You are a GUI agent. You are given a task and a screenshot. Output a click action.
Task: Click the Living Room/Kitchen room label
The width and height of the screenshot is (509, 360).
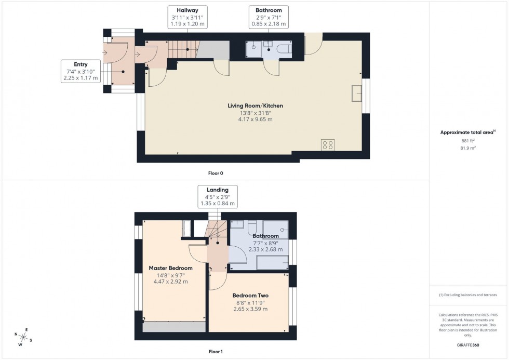click(255, 106)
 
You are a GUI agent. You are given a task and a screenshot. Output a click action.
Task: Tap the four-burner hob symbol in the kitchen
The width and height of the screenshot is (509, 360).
click(328, 144)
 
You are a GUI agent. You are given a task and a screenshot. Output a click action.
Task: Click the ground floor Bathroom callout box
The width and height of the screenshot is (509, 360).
click(269, 17)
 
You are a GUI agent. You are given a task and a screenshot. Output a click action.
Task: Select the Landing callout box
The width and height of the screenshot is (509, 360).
click(218, 197)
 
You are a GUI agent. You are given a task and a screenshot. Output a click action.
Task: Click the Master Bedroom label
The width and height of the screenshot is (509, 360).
click(170, 268)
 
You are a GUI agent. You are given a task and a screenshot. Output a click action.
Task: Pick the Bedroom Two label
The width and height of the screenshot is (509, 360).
click(250, 296)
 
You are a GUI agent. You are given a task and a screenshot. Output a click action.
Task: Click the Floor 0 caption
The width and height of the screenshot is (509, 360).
click(215, 173)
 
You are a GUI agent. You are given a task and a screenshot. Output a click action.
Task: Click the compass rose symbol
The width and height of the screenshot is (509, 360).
click(23, 335)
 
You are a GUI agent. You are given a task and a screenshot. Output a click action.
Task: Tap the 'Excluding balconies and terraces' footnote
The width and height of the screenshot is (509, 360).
click(468, 295)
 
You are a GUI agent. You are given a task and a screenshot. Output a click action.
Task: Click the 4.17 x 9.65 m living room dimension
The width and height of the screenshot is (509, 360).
click(255, 119)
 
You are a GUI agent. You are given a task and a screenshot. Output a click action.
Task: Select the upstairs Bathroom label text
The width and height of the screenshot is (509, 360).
click(265, 236)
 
